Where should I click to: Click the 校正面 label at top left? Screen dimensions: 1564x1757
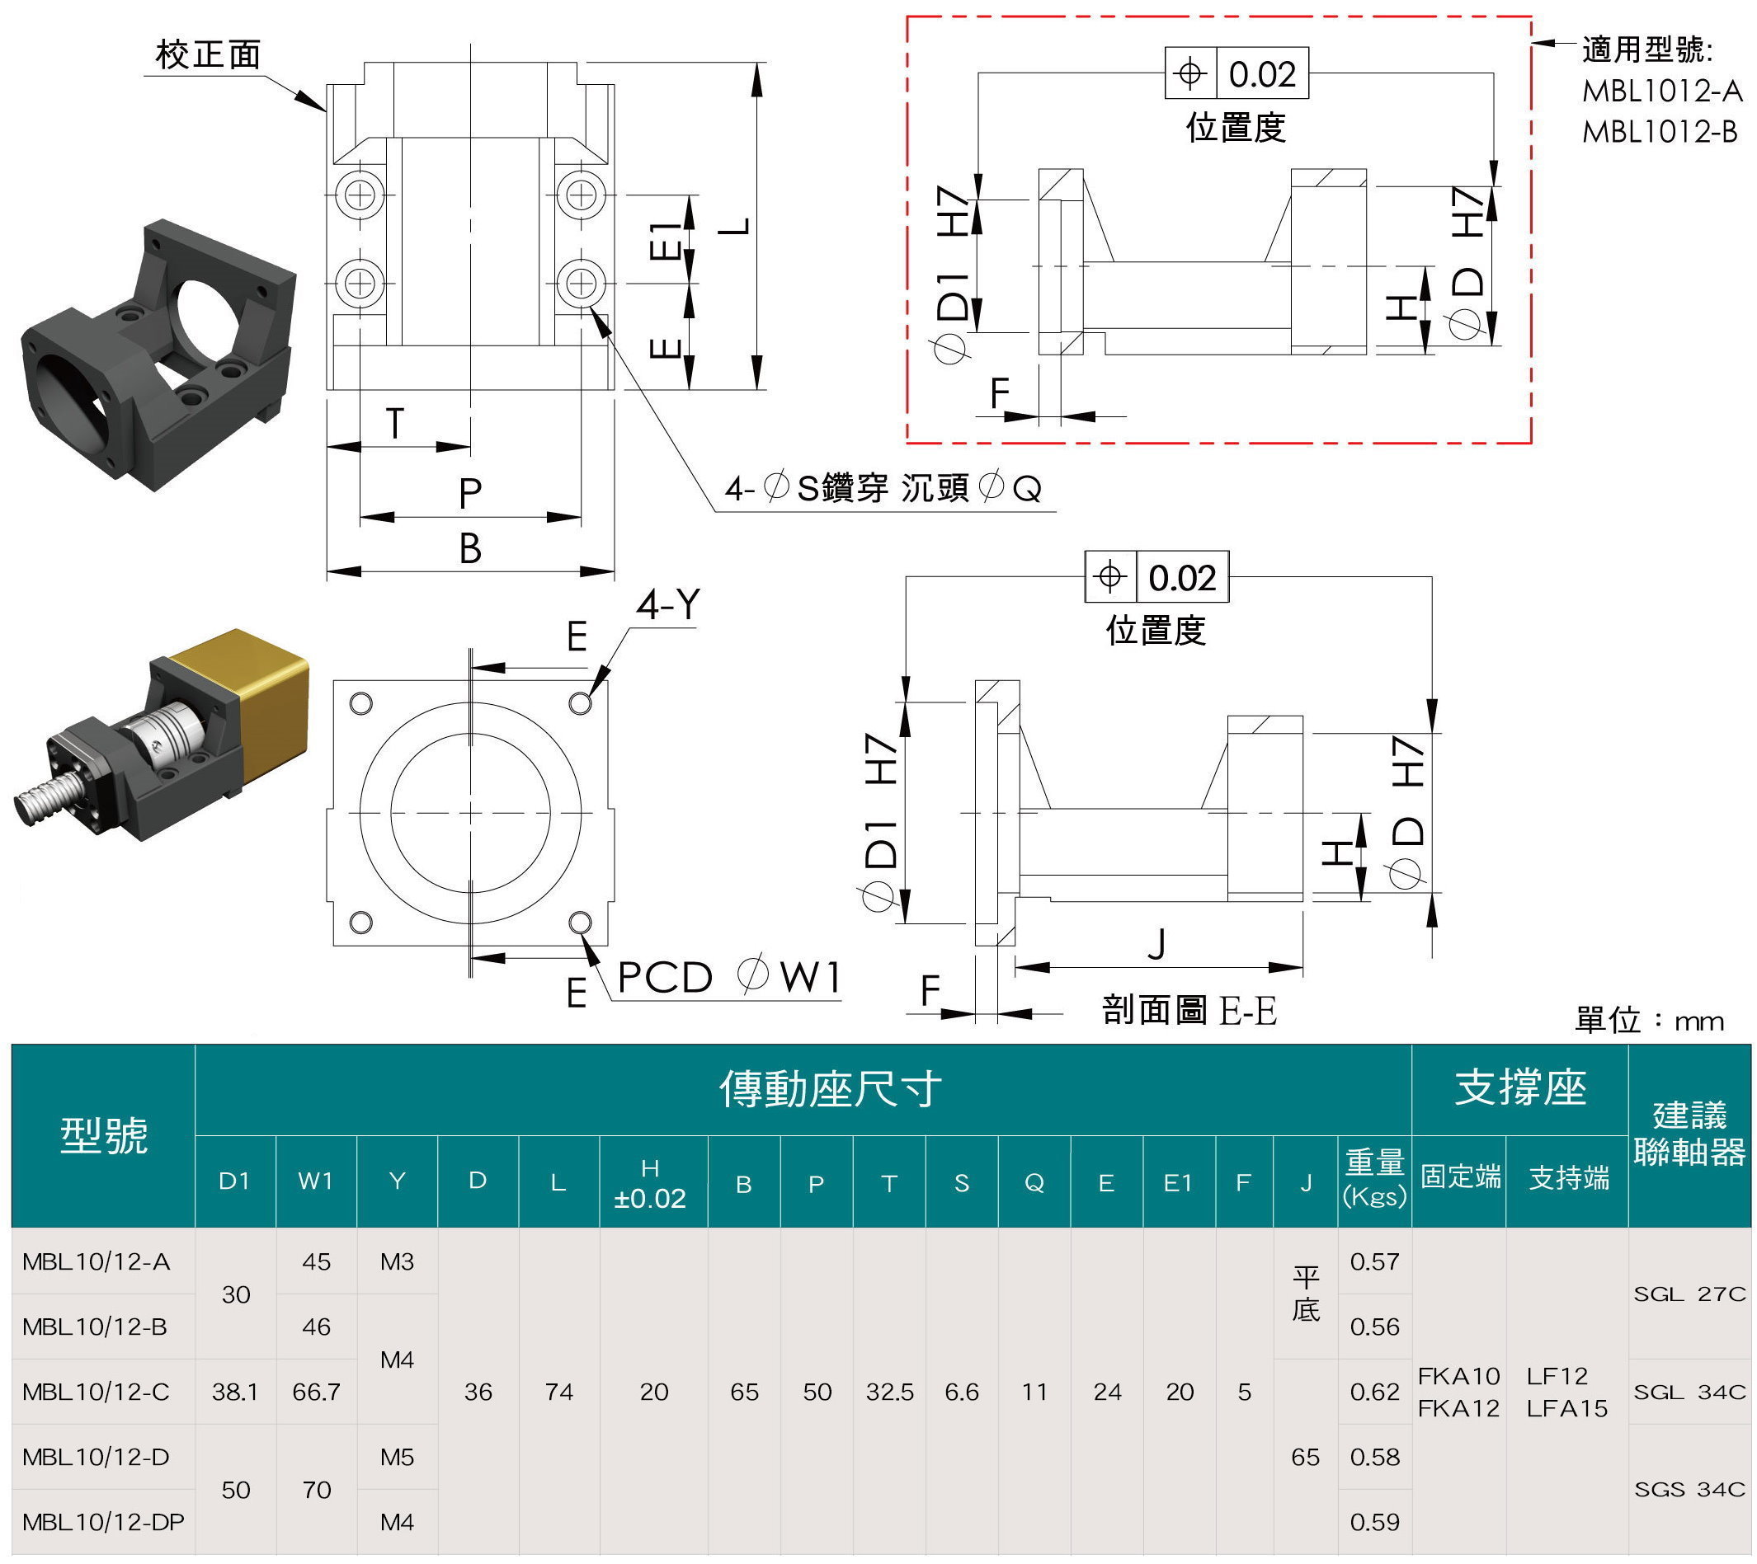click(x=207, y=55)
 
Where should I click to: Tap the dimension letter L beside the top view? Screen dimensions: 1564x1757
click(x=736, y=226)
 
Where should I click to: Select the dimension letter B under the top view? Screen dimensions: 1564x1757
click(x=469, y=548)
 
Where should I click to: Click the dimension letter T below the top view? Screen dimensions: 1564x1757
click(x=393, y=424)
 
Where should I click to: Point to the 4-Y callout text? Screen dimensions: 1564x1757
click(x=668, y=605)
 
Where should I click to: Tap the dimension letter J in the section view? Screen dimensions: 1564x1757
click(x=1157, y=943)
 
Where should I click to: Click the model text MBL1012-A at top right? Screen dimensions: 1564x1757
click(x=1660, y=91)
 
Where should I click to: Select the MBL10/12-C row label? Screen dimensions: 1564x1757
click(x=97, y=1391)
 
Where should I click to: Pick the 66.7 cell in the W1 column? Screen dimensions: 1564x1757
click(x=316, y=1391)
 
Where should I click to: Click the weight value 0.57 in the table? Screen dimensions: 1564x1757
click(x=1373, y=1261)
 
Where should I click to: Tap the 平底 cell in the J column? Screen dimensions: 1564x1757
click(x=1305, y=1294)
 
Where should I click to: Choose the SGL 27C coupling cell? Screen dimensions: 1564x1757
click(x=1689, y=1294)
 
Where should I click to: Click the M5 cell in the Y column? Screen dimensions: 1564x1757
click(x=396, y=1457)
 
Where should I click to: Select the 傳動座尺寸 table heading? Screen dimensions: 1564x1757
click(x=830, y=1090)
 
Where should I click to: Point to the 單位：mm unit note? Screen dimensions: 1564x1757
click(x=1649, y=1020)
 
